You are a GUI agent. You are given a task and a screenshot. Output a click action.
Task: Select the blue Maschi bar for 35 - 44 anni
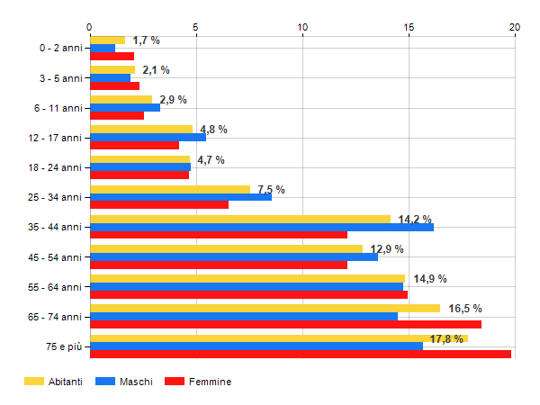coord(262,227)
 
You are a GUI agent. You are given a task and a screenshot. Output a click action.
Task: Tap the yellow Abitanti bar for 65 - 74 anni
coord(265,308)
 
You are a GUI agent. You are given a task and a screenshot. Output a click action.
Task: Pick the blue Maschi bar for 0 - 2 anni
coord(103,48)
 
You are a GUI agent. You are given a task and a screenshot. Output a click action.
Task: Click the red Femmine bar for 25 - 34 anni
coord(159,204)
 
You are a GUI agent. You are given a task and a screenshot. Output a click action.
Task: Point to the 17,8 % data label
coord(447,339)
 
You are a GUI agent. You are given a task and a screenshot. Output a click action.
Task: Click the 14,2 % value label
coord(415,220)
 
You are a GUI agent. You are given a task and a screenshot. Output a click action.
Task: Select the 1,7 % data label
coord(146,40)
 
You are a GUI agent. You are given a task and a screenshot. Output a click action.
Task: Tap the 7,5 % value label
coord(271,190)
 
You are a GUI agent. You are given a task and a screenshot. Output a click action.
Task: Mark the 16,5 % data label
coord(465,309)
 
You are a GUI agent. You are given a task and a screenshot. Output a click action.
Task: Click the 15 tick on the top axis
coord(409,27)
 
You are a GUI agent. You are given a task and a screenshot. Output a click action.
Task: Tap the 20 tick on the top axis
coord(515,27)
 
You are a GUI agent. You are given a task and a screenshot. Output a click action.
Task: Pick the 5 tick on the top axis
coord(196,27)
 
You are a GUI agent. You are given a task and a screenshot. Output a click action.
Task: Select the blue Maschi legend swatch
coord(104,382)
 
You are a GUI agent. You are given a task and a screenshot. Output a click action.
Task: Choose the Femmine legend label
coord(210,382)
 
